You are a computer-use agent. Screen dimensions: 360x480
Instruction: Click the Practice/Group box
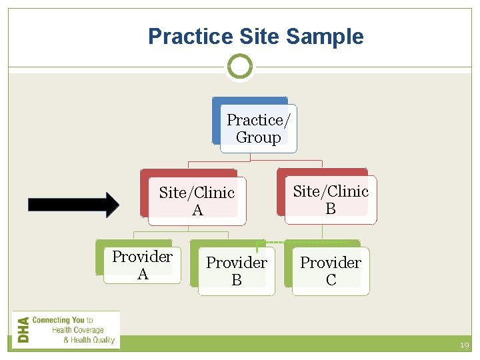258,128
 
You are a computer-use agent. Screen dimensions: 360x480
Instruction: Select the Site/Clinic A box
197,201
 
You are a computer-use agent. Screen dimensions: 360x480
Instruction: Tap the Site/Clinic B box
331,199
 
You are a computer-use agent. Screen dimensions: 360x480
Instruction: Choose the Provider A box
142,265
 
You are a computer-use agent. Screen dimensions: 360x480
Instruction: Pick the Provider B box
236,271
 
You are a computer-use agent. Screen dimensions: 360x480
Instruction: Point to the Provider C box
331,271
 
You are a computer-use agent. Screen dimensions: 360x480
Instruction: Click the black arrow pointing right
73,205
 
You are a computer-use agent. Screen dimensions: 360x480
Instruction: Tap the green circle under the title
240,67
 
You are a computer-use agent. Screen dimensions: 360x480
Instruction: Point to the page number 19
464,345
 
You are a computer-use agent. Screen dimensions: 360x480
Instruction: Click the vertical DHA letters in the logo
23,329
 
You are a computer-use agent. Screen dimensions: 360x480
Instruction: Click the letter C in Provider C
331,280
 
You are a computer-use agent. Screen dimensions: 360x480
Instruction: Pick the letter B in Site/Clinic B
331,209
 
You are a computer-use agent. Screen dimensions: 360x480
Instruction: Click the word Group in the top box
259,138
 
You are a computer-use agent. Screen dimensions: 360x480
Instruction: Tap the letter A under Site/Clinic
197,211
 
